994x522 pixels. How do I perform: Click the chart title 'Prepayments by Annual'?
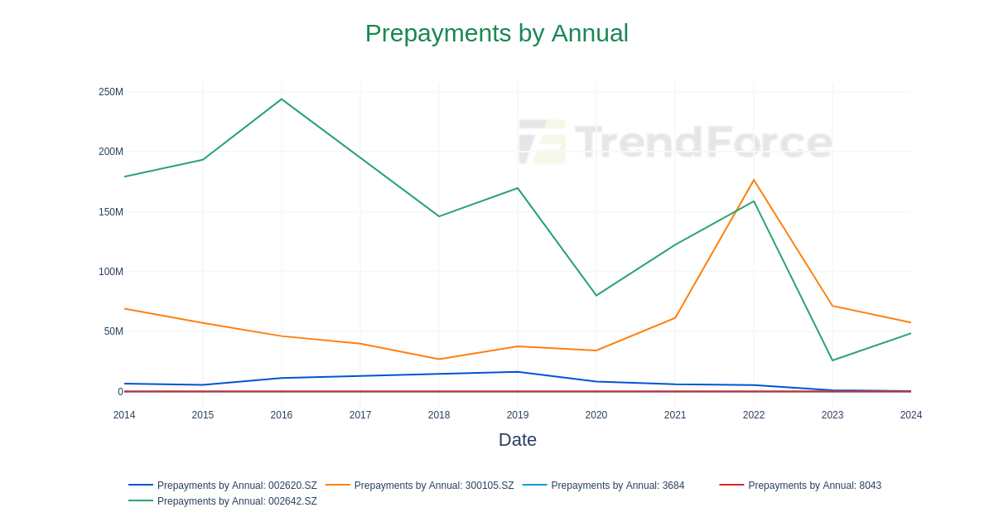point(496,33)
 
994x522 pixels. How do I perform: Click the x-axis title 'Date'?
point(517,440)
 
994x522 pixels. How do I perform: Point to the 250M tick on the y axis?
point(111,92)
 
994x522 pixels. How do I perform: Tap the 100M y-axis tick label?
point(111,272)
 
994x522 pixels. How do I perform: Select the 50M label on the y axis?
point(113,331)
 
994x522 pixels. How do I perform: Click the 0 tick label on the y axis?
point(120,392)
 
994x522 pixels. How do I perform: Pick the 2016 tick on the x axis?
point(282,415)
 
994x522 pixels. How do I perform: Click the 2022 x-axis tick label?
point(754,415)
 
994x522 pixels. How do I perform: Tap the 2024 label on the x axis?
point(910,415)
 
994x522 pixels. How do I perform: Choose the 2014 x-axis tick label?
point(124,415)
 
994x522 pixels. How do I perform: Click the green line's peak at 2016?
point(282,99)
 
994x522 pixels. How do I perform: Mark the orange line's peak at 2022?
point(754,180)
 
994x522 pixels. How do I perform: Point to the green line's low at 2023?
point(832,360)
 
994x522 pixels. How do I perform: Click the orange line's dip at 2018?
point(439,359)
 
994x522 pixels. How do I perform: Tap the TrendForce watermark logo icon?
point(543,142)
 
